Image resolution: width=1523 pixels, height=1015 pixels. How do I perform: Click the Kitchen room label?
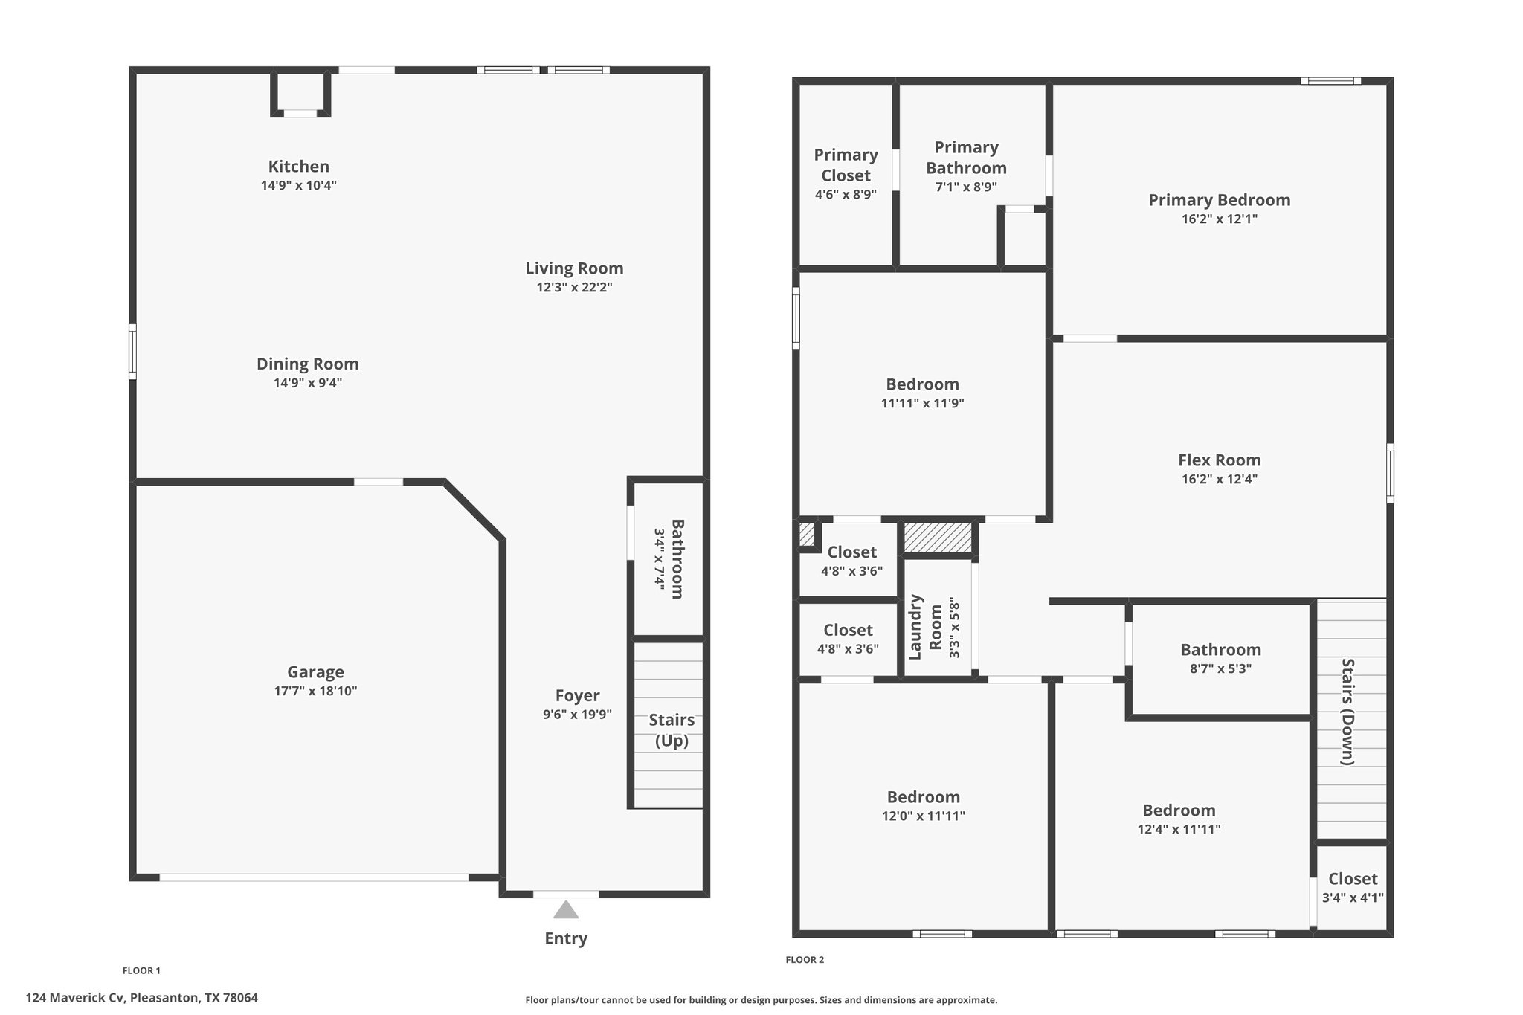[299, 167]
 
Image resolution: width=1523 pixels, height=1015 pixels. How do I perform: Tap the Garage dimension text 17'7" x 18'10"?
[315, 691]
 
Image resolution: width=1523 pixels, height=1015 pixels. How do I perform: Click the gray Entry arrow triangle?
[566, 909]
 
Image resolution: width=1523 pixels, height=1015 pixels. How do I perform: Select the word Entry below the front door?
[566, 938]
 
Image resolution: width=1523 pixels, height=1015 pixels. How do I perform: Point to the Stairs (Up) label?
[672, 730]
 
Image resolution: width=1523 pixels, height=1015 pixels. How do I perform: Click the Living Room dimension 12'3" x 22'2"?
[574, 287]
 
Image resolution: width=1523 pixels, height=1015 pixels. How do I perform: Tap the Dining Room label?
[308, 364]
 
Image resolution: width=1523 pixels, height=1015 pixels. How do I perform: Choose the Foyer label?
[577, 695]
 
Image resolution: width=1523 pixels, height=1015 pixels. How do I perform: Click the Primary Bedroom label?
[1220, 200]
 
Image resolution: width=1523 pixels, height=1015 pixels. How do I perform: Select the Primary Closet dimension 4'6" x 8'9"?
[846, 195]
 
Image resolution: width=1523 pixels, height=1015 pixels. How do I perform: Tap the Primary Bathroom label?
[967, 158]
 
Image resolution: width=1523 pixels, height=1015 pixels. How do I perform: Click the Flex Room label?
[1220, 460]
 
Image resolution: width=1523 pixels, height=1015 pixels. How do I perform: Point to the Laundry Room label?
[925, 627]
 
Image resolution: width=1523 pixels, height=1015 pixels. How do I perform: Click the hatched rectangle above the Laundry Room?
[938, 538]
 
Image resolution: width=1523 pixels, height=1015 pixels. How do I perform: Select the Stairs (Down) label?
[1347, 712]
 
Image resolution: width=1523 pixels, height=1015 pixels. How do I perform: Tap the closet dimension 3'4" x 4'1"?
[1353, 898]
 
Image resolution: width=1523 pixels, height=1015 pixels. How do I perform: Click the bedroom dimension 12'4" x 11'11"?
[1179, 829]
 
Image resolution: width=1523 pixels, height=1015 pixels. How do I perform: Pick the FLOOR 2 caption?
[805, 960]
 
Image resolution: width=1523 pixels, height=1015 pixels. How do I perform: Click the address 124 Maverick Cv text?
[74, 998]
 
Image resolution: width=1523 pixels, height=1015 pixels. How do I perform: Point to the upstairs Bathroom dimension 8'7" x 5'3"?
[1221, 668]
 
